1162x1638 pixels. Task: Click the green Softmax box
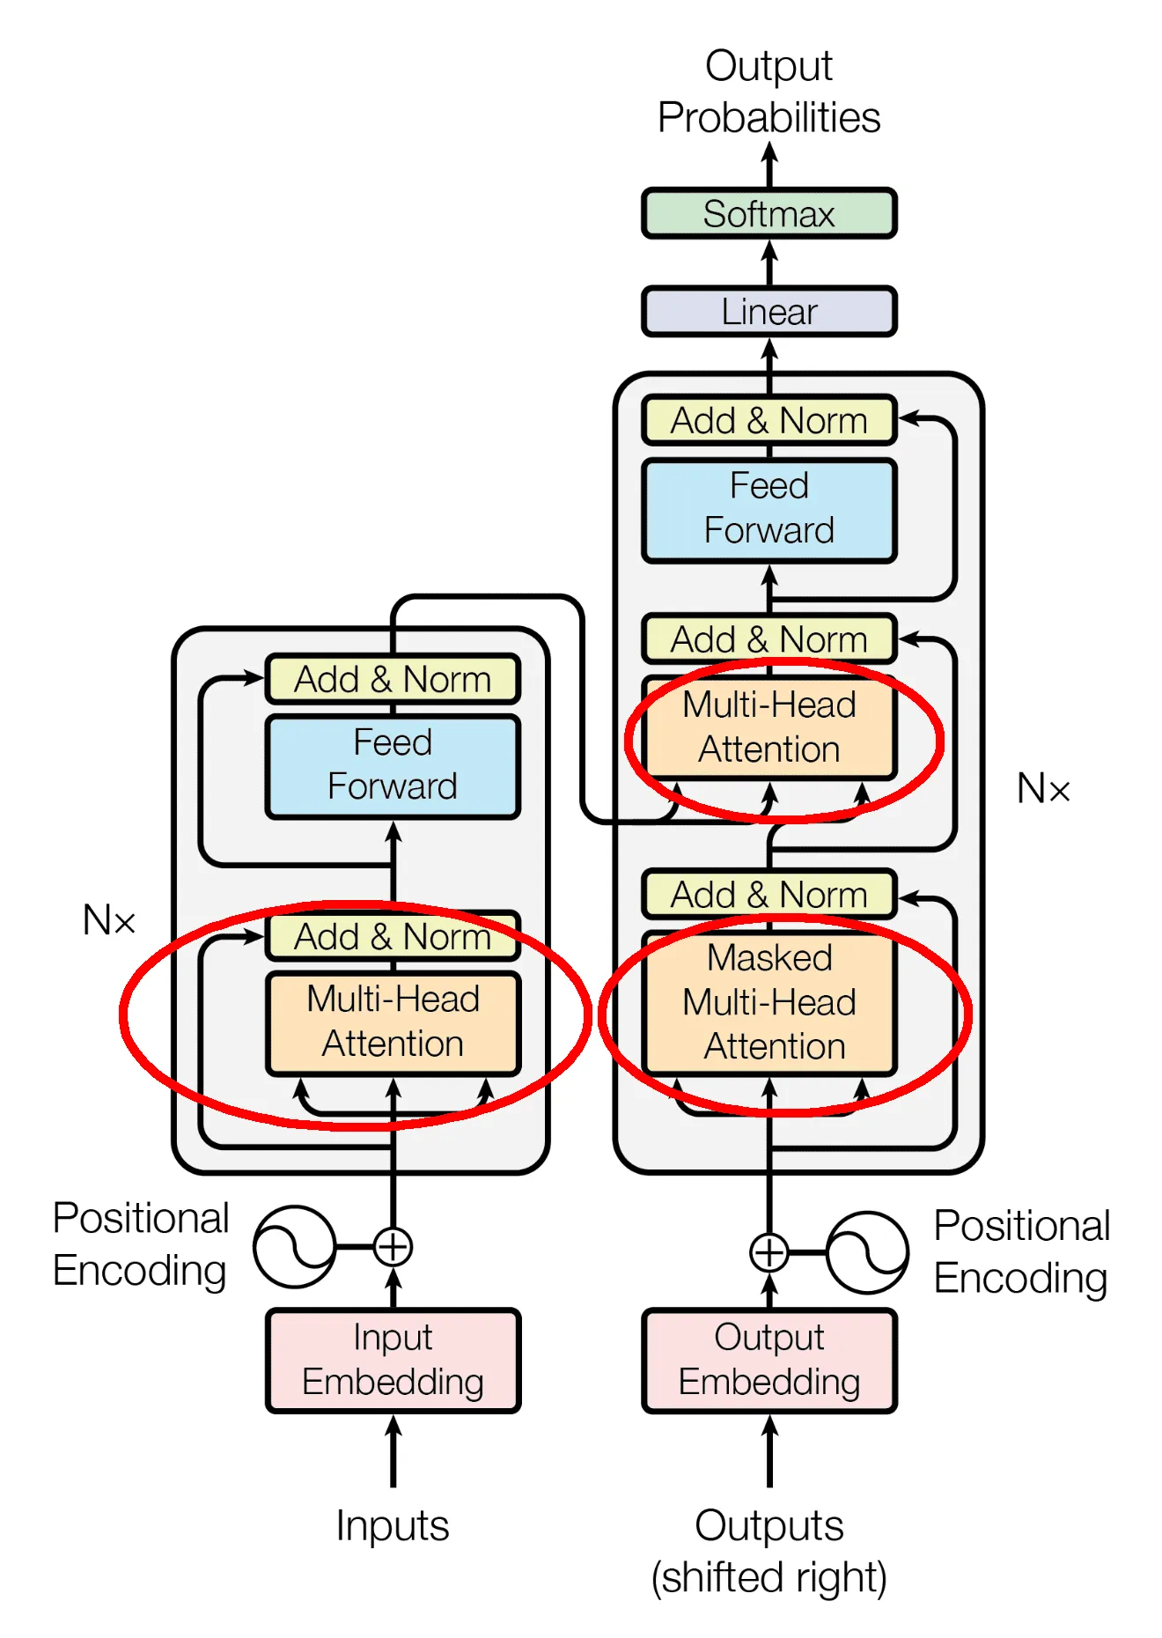pyautogui.click(x=769, y=213)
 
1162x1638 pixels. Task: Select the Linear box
pyautogui.click(x=769, y=312)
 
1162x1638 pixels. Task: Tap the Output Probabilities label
pyautogui.click(x=769, y=92)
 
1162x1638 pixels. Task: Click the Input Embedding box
pyautogui.click(x=393, y=1360)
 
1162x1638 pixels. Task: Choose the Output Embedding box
pyautogui.click(x=769, y=1360)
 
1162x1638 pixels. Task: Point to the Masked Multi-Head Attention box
pyautogui.click(x=769, y=1002)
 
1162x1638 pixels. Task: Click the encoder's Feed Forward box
pyautogui.click(x=393, y=764)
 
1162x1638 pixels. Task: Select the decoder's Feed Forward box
pyautogui.click(x=769, y=508)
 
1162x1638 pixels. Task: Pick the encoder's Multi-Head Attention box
pyautogui.click(x=393, y=1022)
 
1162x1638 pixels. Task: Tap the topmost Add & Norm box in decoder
pyautogui.click(x=769, y=420)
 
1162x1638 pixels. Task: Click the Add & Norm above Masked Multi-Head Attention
pyautogui.click(x=769, y=894)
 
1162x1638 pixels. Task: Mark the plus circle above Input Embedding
pyautogui.click(x=393, y=1247)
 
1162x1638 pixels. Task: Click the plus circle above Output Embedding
pyautogui.click(x=769, y=1252)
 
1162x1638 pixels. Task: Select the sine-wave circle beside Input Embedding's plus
pyautogui.click(x=294, y=1247)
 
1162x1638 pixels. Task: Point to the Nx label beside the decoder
pyautogui.click(x=1043, y=788)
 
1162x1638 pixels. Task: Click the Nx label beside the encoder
pyautogui.click(x=109, y=920)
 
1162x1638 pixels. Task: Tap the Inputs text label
pyautogui.click(x=393, y=1525)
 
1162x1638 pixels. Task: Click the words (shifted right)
pyautogui.click(x=769, y=1577)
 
